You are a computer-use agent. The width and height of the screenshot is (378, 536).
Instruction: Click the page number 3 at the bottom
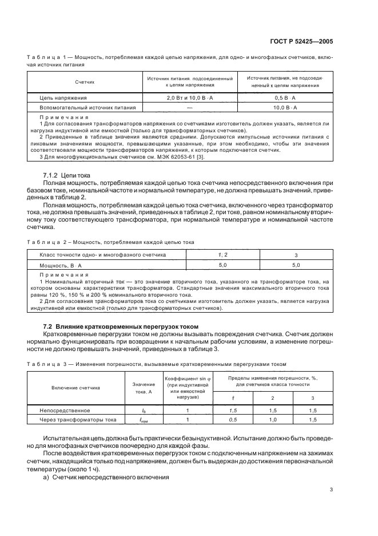click(x=331, y=489)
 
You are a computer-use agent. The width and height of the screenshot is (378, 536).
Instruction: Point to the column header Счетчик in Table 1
click(x=85, y=82)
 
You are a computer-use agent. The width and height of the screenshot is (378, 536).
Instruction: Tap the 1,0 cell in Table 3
click(x=272, y=420)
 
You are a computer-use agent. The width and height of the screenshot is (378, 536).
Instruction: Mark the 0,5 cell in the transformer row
click(x=233, y=420)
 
